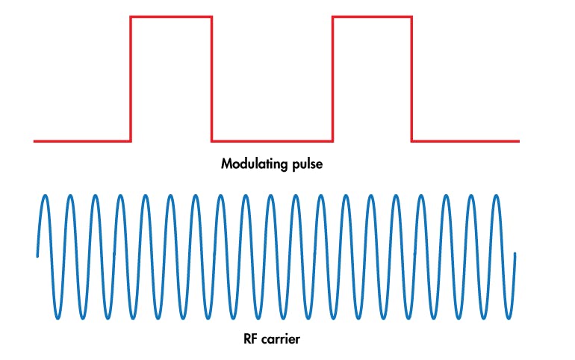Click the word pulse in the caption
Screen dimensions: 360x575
tap(307, 164)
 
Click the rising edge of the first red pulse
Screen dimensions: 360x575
tap(131, 78)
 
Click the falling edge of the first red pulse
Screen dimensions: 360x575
tap(212, 78)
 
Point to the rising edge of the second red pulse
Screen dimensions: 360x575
tap(332, 78)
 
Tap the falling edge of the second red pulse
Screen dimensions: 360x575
tap(412, 78)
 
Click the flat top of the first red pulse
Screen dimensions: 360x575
tap(172, 16)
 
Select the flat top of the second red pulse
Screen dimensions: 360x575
tap(372, 16)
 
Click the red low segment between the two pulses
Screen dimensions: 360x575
tap(273, 140)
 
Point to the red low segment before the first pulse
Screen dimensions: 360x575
tap(82, 140)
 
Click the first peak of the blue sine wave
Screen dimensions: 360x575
tap(46, 196)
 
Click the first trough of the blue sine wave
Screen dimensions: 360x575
tap(58, 318)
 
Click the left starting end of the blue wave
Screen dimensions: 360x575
tap(37, 256)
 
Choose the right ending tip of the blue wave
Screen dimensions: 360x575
tap(515, 254)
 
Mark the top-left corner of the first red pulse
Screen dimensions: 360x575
tap(131, 16)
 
